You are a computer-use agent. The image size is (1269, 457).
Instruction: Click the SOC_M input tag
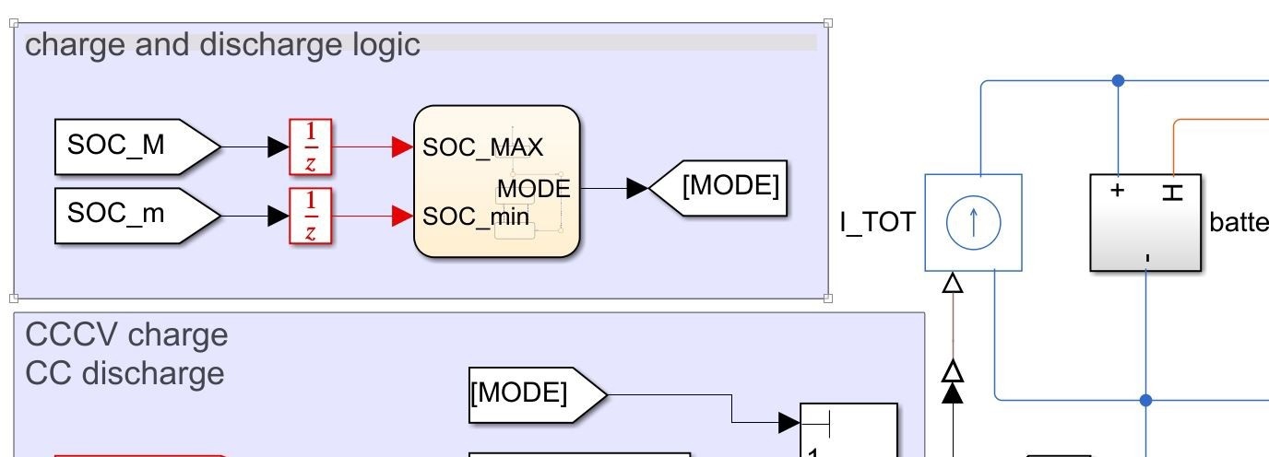[129, 146]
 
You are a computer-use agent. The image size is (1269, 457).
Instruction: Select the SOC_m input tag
[129, 215]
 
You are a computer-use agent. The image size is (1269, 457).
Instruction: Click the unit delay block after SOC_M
[311, 146]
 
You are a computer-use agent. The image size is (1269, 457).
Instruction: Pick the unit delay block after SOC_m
[311, 216]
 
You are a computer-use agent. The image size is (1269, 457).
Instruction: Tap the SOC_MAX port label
[482, 147]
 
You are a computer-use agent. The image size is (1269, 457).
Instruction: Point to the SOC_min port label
[476, 217]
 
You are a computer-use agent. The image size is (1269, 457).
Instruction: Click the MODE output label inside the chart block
[533, 189]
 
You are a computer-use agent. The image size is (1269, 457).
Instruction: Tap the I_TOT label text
[877, 222]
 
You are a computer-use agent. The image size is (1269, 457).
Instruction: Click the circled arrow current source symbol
[973, 223]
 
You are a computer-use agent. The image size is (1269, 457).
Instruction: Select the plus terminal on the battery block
[1118, 191]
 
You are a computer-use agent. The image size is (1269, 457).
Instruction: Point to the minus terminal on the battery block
[1146, 257]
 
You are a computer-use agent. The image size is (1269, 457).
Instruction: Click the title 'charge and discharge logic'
[222, 44]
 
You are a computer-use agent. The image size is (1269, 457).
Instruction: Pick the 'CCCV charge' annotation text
[126, 334]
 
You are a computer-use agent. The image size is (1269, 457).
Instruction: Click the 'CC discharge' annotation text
[125, 373]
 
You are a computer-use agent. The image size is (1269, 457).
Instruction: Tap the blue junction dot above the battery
[1119, 81]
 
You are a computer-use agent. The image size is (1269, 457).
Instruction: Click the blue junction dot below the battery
[1146, 400]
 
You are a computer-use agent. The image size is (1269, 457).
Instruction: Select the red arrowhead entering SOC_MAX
[402, 146]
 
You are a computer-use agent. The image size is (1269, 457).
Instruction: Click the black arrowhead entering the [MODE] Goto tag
[637, 188]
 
